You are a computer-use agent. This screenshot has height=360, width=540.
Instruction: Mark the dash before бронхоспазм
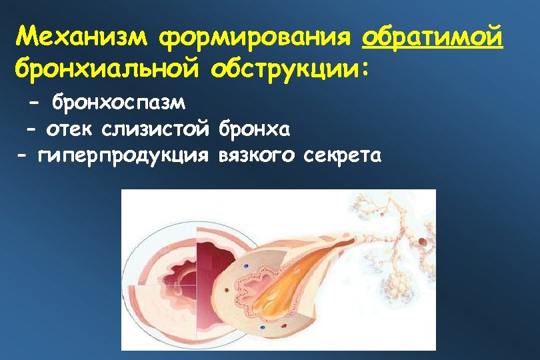coord(35,104)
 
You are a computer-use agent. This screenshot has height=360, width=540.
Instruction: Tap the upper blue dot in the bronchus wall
coord(245,266)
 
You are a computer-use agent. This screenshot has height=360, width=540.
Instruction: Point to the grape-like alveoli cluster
coord(399,287)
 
